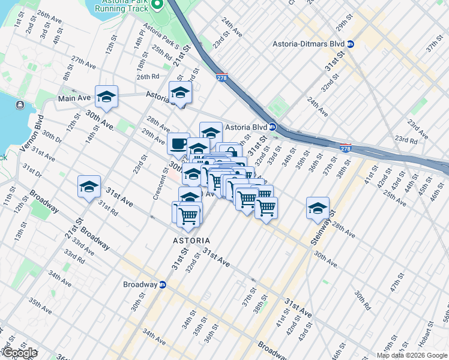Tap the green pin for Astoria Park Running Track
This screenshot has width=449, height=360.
158,4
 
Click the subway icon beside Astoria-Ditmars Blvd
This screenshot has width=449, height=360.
351,44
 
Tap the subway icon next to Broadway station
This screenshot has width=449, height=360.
162,284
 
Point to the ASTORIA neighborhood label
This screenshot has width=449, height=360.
191,240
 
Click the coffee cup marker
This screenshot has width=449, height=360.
179,143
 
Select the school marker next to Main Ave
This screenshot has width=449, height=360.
106,97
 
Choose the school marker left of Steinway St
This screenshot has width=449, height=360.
318,208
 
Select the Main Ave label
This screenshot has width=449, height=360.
74,98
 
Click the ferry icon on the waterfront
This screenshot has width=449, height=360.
20,106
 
